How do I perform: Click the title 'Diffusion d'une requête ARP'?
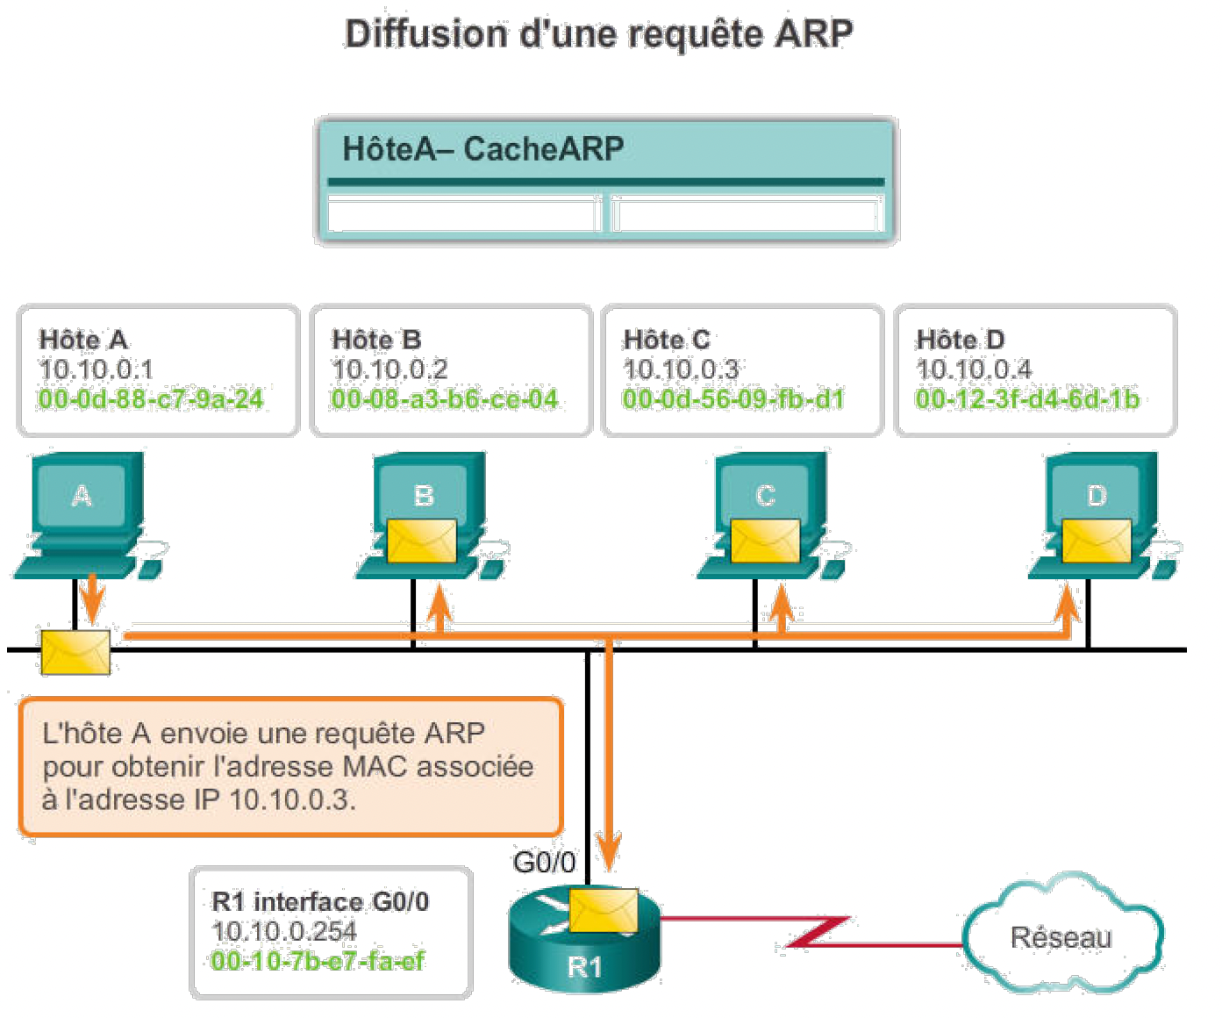pyautogui.click(x=598, y=35)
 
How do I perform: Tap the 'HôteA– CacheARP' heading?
pyautogui.click(x=482, y=149)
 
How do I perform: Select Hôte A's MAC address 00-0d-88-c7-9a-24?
pyautogui.click(x=151, y=400)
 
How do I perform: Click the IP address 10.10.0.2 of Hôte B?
pyautogui.click(x=389, y=369)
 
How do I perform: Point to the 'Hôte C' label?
pyautogui.click(x=667, y=340)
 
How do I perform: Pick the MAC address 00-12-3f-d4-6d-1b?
pyautogui.click(x=1027, y=400)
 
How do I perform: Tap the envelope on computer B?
pyautogui.click(x=422, y=541)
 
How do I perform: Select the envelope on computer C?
pyautogui.click(x=765, y=541)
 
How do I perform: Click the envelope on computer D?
pyautogui.click(x=1097, y=541)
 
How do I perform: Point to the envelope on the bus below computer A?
pyautogui.click(x=75, y=652)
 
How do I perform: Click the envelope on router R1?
pyautogui.click(x=604, y=910)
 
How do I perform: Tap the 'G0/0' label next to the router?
pyautogui.click(x=544, y=863)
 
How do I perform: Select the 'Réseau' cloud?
pyautogui.click(x=1061, y=936)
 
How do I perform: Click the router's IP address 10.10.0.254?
pyautogui.click(x=284, y=931)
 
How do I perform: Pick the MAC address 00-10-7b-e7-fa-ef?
pyautogui.click(x=318, y=961)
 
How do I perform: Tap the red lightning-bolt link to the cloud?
pyautogui.click(x=816, y=933)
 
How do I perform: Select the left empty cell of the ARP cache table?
pyautogui.click(x=463, y=214)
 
